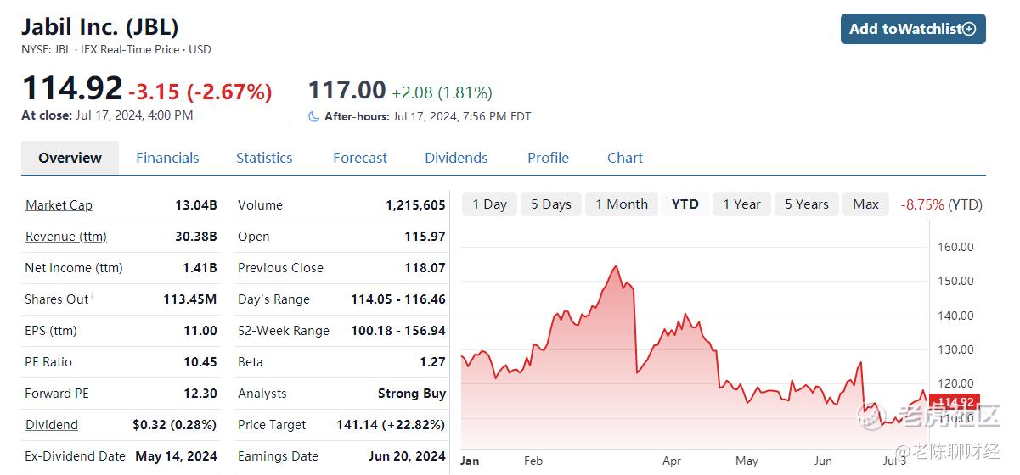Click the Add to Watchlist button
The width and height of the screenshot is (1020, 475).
tap(913, 29)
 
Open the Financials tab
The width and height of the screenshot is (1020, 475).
tap(167, 158)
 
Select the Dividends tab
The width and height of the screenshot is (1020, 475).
tap(456, 158)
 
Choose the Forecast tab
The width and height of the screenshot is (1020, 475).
tap(360, 158)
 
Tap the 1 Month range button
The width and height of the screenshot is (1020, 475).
tap(622, 204)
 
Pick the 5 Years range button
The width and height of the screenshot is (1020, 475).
tap(807, 204)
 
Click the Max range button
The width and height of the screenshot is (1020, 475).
tap(865, 204)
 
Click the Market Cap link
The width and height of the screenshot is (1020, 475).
tap(59, 205)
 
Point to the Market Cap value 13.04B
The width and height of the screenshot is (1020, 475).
tap(196, 205)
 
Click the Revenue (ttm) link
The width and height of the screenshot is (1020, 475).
tap(66, 237)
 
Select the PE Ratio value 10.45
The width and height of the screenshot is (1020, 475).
tap(200, 362)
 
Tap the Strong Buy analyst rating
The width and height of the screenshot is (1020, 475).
tap(412, 394)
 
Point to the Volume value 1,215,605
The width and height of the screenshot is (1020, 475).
tap(416, 205)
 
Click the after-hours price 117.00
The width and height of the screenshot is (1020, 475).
tap(347, 90)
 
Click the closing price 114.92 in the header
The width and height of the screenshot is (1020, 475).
tap(72, 88)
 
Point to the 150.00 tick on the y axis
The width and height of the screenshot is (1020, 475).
tap(955, 281)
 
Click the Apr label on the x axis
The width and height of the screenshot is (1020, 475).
tap(672, 461)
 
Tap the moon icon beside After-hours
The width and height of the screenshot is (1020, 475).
tap(313, 117)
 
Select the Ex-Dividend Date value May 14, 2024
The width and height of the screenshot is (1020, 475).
tap(176, 456)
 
